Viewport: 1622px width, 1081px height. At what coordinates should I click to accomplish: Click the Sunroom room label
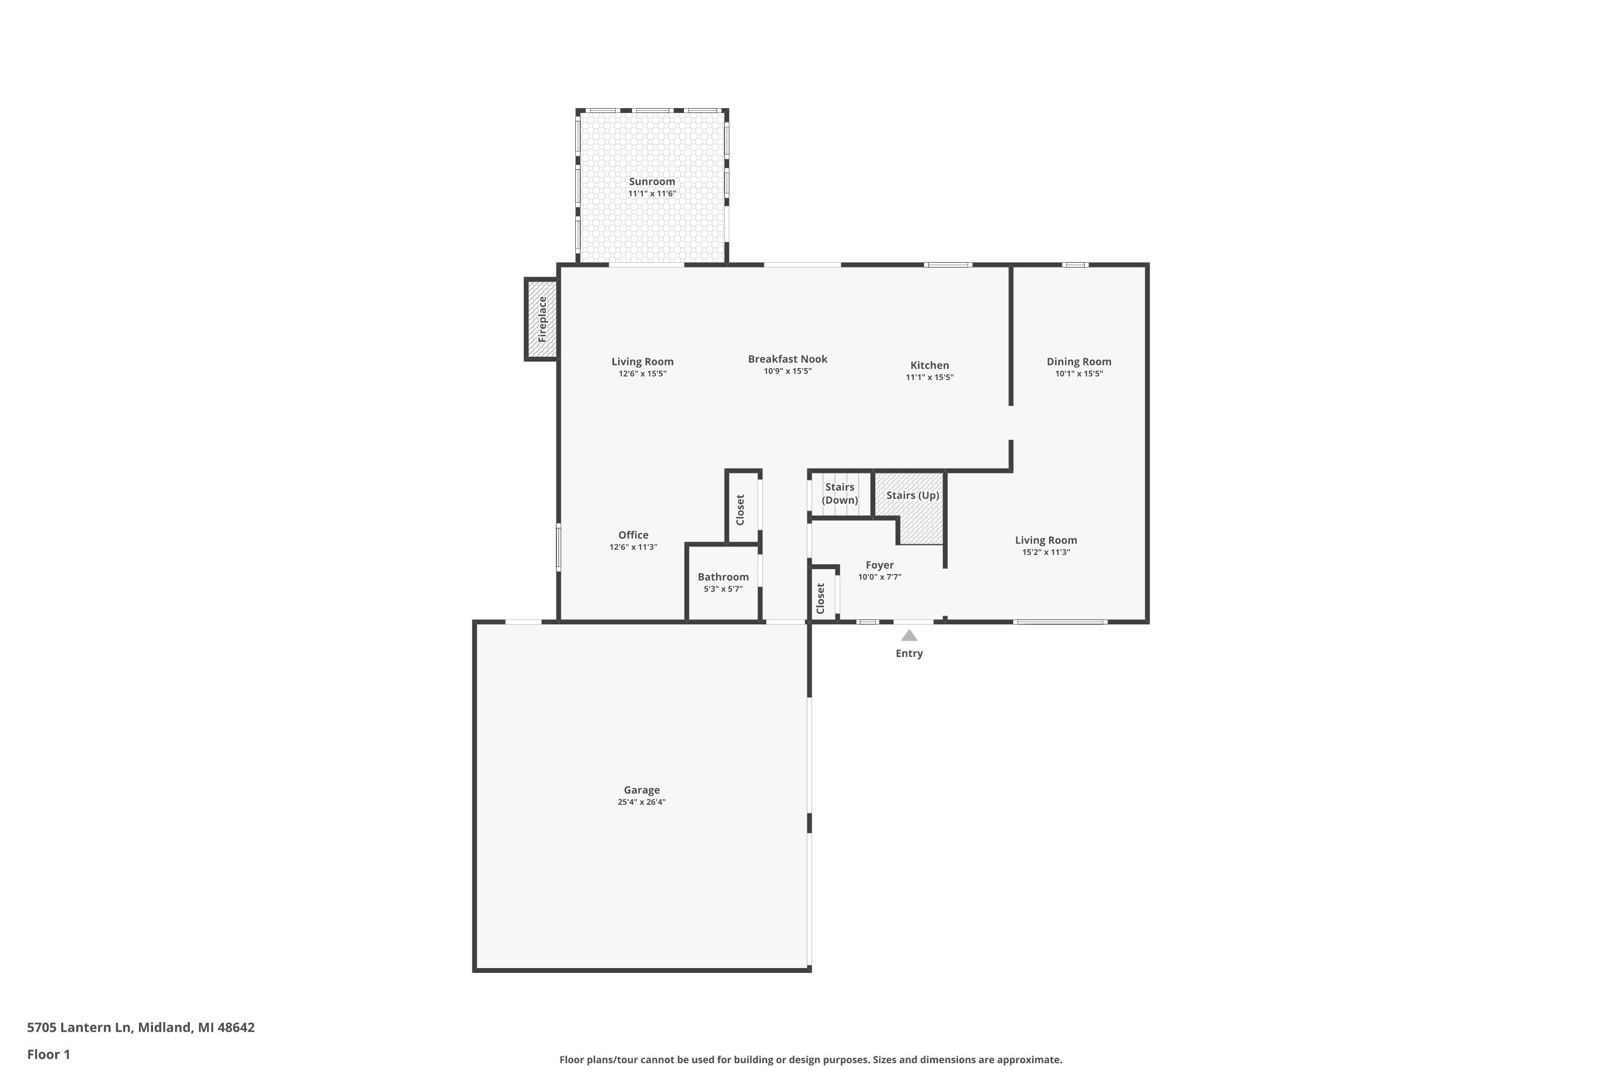coord(651,181)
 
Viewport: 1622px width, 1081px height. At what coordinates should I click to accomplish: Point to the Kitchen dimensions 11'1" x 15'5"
coord(929,378)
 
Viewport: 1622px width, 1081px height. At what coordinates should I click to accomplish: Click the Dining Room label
coord(1078,361)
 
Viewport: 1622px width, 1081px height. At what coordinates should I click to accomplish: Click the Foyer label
coord(879,565)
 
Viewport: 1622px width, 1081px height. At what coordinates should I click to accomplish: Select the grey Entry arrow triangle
coord(908,636)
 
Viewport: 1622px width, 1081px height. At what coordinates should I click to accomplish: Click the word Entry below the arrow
coord(908,653)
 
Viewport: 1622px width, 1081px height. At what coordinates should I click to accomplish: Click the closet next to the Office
coord(742,509)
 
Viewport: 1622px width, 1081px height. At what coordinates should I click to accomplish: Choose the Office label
coord(633,535)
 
